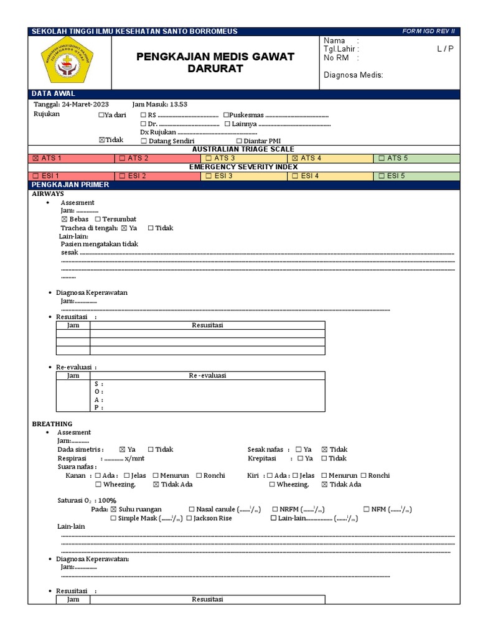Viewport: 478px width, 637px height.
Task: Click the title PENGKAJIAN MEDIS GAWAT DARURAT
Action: pos(215,63)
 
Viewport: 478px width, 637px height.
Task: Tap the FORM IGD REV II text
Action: pos(429,31)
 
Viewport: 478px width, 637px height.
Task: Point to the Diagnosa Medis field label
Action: pos(354,75)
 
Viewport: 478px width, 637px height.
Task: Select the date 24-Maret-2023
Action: pos(77,105)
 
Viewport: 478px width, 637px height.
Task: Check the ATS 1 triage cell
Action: pos(72,158)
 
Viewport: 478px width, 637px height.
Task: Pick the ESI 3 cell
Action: pos(245,176)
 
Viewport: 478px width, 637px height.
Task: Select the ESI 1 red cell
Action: pos(72,176)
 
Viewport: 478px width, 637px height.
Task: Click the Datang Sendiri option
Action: pos(168,141)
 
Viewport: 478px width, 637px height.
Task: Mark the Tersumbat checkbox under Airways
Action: pos(116,220)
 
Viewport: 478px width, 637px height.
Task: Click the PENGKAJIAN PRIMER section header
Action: pos(70,185)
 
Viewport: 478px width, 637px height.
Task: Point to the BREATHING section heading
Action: pos(52,424)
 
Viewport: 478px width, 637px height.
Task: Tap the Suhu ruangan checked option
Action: pos(136,509)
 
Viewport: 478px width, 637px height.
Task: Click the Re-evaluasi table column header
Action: pos(207,376)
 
